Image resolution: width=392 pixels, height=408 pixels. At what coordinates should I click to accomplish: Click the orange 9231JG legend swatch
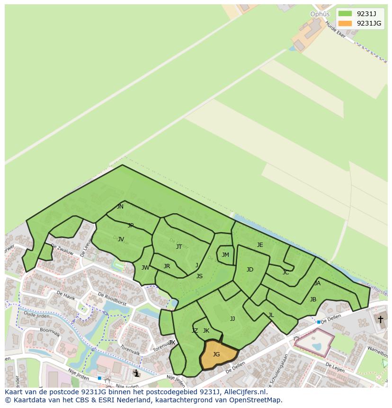pyautogui.click(x=345, y=24)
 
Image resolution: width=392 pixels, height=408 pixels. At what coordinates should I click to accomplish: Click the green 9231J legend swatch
pyautogui.click(x=345, y=14)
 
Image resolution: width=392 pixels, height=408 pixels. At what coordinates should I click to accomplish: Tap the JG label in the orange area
pyautogui.click(x=216, y=354)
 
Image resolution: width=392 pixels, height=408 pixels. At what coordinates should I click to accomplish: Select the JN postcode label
pyautogui.click(x=120, y=207)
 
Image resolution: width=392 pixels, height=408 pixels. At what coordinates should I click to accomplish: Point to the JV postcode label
pyautogui.click(x=121, y=239)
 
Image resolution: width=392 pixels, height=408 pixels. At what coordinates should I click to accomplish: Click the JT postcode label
pyautogui.click(x=179, y=246)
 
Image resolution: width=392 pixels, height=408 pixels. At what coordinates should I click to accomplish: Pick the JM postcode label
pyautogui.click(x=225, y=255)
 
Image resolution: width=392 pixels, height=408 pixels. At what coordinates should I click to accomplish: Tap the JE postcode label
pyautogui.click(x=260, y=245)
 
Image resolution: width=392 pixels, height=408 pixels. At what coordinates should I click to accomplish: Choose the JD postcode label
pyautogui.click(x=250, y=270)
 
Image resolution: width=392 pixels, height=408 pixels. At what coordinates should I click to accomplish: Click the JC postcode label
pyautogui.click(x=285, y=272)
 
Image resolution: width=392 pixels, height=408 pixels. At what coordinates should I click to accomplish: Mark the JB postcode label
pyautogui.click(x=313, y=299)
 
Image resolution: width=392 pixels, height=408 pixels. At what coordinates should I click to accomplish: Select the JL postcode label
pyautogui.click(x=271, y=315)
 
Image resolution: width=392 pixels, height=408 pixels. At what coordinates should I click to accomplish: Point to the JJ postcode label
pyautogui.click(x=232, y=319)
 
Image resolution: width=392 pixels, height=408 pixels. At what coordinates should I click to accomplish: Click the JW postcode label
pyautogui.click(x=145, y=268)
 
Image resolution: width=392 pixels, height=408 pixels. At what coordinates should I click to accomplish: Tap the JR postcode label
pyautogui.click(x=167, y=266)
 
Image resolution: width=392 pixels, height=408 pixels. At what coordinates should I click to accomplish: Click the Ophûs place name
pyautogui.click(x=320, y=14)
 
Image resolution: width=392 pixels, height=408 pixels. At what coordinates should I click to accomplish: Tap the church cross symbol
pyautogui.click(x=380, y=319)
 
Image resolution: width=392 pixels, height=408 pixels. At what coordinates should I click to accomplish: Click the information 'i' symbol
pyautogui.click(x=137, y=373)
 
